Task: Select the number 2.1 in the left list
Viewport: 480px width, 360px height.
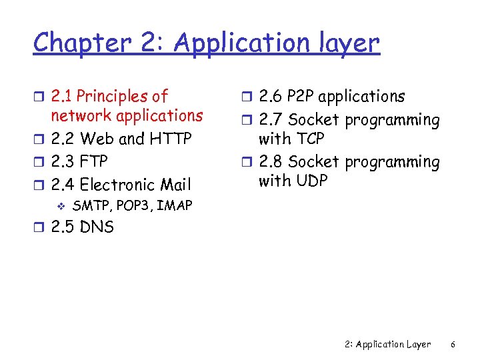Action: tap(64, 97)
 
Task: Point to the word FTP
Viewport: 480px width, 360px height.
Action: tap(93, 161)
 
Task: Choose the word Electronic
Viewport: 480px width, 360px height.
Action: tap(121, 184)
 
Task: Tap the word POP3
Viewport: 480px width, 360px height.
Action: tap(133, 205)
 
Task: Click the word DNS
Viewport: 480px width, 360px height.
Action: tap(97, 227)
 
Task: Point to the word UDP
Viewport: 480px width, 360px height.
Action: tap(310, 181)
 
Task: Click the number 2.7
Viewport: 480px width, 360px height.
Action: tap(271, 121)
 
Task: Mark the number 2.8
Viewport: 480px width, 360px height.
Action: tap(271, 162)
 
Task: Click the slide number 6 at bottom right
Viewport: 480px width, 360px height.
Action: tap(453, 345)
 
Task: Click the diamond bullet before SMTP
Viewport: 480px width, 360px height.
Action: tap(61, 206)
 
